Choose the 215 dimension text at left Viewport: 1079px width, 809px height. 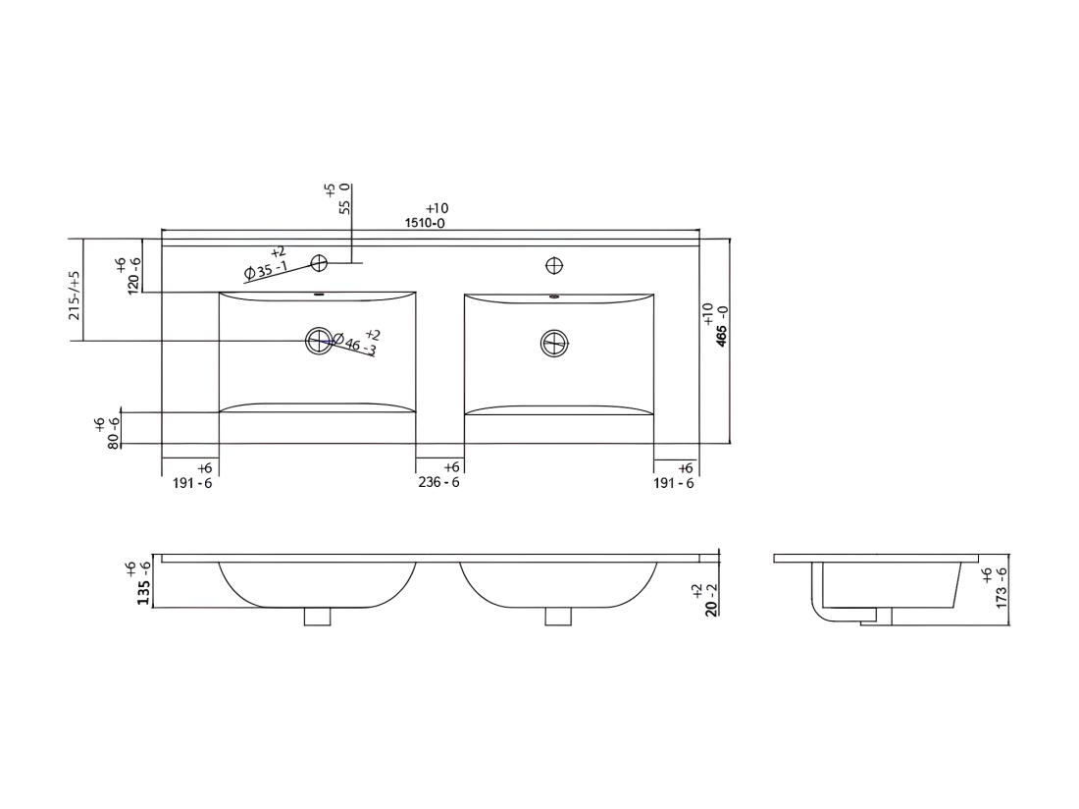pyautogui.click(x=75, y=296)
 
